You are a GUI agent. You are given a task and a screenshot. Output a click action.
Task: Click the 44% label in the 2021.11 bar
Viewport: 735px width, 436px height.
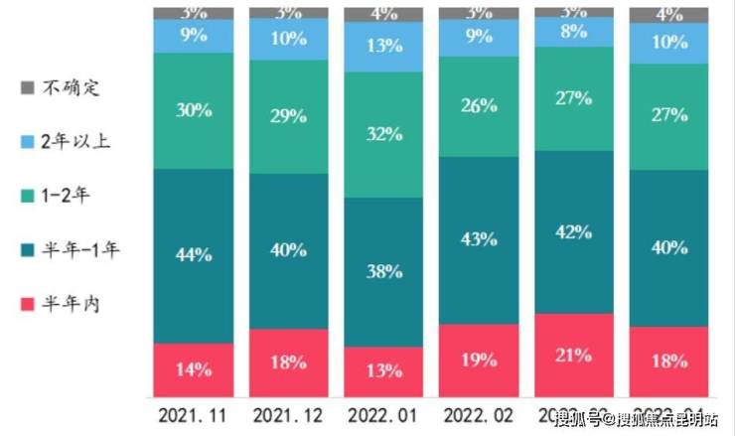(x=194, y=254)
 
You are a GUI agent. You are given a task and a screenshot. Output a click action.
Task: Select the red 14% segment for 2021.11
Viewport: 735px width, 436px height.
(x=194, y=369)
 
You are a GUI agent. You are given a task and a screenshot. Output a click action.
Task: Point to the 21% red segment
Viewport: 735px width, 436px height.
(x=574, y=355)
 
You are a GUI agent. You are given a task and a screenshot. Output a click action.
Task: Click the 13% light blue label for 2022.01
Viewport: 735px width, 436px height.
(x=383, y=46)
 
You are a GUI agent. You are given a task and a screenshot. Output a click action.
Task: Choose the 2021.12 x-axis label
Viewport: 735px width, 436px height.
(x=289, y=413)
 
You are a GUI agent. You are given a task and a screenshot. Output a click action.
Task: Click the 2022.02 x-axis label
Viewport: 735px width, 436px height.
(x=479, y=413)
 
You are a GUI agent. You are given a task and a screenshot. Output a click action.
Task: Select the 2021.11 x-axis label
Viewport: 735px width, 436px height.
(x=194, y=413)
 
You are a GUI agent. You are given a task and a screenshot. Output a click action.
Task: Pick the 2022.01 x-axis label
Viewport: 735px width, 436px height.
(x=383, y=413)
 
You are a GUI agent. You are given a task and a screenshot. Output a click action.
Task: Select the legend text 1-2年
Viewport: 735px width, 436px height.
(x=67, y=196)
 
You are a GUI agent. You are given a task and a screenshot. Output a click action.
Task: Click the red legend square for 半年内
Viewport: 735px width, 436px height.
(x=27, y=304)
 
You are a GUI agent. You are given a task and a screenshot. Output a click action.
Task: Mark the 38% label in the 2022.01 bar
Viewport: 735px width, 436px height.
(x=383, y=270)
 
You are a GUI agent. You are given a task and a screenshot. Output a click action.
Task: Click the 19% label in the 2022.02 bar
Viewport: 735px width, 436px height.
(x=479, y=360)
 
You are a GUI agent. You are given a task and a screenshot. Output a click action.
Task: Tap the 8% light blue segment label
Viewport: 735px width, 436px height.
(x=574, y=31)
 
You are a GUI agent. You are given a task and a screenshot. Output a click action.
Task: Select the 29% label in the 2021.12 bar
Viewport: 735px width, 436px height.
(x=289, y=115)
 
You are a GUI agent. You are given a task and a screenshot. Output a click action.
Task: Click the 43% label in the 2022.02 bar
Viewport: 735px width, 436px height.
(x=479, y=239)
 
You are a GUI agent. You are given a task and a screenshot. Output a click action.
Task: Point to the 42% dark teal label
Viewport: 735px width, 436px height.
(x=574, y=231)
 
